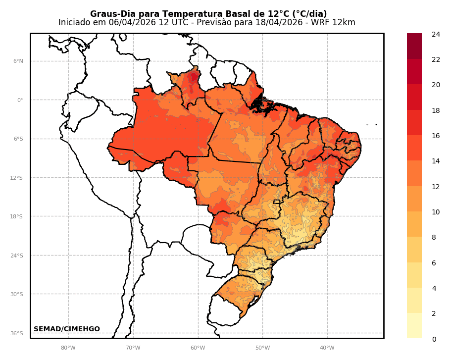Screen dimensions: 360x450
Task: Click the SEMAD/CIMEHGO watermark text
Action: [66, 329]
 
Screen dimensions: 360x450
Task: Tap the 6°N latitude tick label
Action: [18, 61]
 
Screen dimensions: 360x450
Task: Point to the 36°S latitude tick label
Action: [16, 334]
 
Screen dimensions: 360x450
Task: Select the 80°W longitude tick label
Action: [68, 348]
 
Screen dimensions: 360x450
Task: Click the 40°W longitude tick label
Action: [327, 348]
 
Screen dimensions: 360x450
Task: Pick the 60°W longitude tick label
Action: [198, 348]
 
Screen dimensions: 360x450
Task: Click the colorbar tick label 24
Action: [436, 34]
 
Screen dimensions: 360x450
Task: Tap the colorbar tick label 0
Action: [434, 339]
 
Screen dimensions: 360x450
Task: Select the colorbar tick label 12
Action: [436, 187]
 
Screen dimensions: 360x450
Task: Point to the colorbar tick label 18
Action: [436, 110]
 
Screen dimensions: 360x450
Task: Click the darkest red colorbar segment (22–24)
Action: [414, 46]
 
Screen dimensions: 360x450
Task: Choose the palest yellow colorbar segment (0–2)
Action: [414, 326]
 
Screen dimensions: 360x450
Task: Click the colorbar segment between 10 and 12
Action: [414, 199]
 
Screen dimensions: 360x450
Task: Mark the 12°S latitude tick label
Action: [16, 178]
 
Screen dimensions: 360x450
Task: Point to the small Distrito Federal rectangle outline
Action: [276, 202]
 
